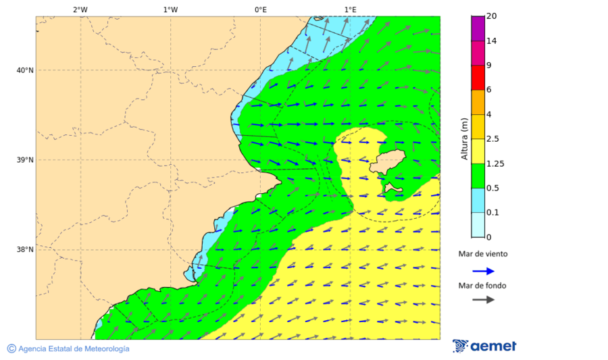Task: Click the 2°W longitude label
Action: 80,9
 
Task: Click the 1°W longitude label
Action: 170,9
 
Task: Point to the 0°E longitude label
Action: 260,9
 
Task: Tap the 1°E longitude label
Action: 350,9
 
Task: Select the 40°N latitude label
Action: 25,70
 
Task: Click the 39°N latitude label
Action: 25,160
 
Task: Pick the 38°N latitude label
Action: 25,250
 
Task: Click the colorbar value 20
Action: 492,16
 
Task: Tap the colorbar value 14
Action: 492,41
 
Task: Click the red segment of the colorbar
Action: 478,78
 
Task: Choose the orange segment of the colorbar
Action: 478,102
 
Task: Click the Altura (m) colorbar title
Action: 464,138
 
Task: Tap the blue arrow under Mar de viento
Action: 483,271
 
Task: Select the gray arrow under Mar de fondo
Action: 483,300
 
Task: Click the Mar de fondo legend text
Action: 482,286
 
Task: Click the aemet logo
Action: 484,346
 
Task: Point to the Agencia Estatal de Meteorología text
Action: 68,349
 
